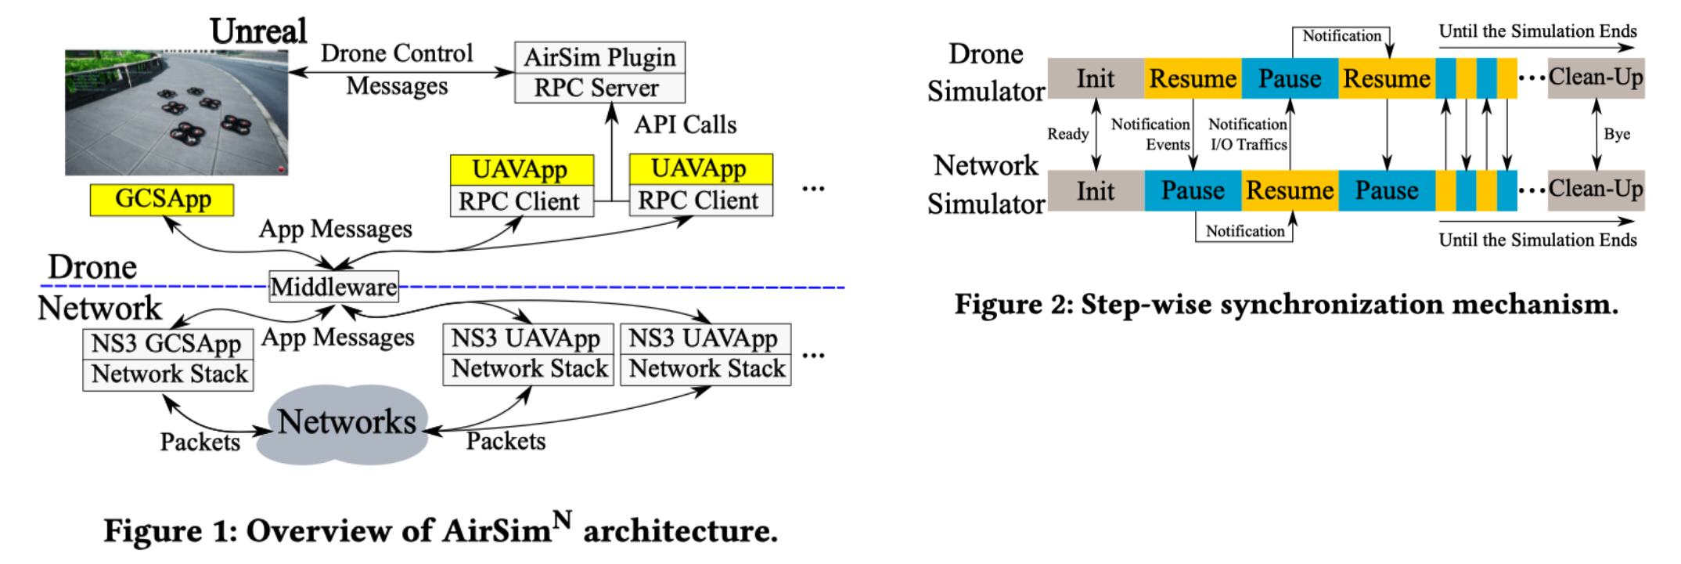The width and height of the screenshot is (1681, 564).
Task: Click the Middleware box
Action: [x=333, y=287]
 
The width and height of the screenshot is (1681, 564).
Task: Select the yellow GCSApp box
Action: [x=162, y=200]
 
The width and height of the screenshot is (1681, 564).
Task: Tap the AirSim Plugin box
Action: [x=599, y=57]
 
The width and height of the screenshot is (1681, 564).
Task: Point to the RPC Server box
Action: [x=599, y=88]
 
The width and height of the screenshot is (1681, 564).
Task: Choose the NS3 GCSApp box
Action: [x=167, y=344]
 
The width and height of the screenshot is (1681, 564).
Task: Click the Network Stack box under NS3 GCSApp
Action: [x=167, y=374]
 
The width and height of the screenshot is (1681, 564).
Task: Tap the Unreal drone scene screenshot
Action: [x=176, y=113]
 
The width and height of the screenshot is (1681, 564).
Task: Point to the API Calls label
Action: [x=686, y=125]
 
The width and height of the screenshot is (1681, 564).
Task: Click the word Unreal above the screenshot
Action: [x=258, y=31]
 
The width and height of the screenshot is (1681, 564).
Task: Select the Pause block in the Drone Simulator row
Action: [x=1289, y=78]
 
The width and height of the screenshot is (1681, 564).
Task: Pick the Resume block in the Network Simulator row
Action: [x=1289, y=190]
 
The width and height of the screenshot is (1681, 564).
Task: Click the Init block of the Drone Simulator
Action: [x=1095, y=78]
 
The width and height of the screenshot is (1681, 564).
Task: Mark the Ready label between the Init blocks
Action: [x=1067, y=134]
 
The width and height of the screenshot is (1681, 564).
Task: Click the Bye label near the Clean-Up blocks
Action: [x=1617, y=134]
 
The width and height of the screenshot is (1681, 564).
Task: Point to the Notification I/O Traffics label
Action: [x=1248, y=134]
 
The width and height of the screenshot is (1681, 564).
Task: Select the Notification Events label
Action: [x=1150, y=134]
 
